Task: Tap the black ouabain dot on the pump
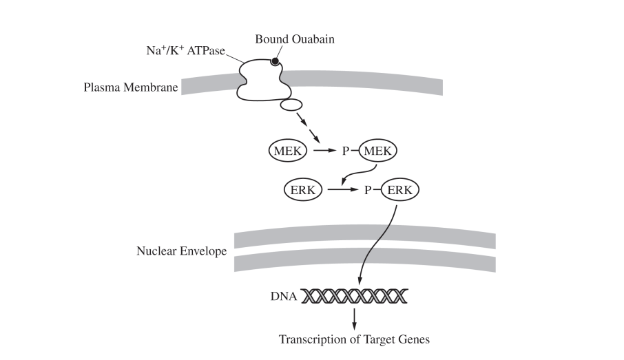tap(274, 62)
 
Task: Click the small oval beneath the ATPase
tap(290, 105)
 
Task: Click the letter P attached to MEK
tap(346, 150)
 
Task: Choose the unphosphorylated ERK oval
tap(303, 189)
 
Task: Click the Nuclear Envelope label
tap(181, 251)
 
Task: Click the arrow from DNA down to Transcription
tap(354, 318)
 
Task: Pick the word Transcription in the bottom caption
tap(311, 339)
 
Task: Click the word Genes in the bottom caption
tap(414, 339)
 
